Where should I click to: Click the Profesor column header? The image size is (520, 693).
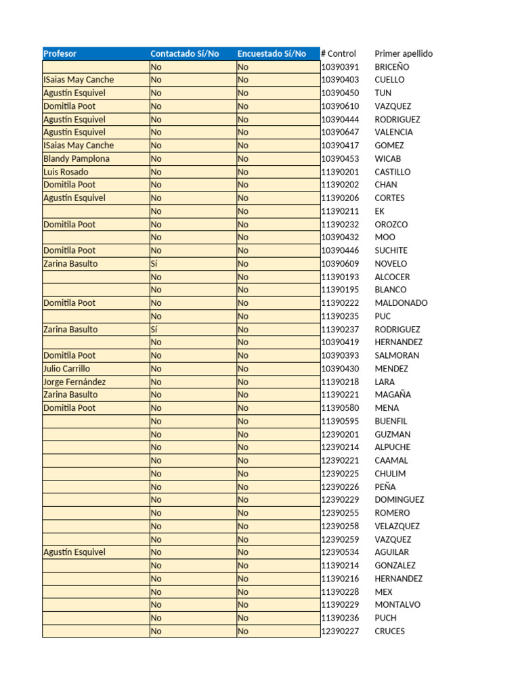(60, 53)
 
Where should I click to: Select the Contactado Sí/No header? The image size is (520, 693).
(184, 53)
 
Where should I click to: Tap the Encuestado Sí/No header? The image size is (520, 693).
(272, 53)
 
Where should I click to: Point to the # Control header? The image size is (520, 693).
(339, 53)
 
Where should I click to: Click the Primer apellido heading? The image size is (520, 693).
(404, 53)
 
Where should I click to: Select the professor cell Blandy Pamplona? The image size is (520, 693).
(77, 158)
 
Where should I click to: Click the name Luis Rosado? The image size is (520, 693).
(66, 172)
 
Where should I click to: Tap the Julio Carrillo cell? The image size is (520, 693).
(66, 369)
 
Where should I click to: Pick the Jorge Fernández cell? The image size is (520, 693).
(74, 382)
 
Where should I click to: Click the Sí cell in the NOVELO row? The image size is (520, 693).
(155, 263)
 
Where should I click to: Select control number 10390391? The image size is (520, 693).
(340, 67)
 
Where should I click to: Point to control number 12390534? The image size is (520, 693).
(340, 552)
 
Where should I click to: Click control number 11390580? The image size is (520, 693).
(340, 408)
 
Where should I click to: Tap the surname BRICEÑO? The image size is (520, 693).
(392, 67)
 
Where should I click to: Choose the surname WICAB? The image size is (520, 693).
(388, 158)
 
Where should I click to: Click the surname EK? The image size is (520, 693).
(379, 211)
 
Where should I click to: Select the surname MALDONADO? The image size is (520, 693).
(401, 303)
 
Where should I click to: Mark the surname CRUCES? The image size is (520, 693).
(390, 631)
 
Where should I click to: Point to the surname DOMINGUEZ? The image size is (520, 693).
(399, 499)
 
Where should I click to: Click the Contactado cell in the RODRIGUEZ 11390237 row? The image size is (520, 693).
(155, 330)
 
